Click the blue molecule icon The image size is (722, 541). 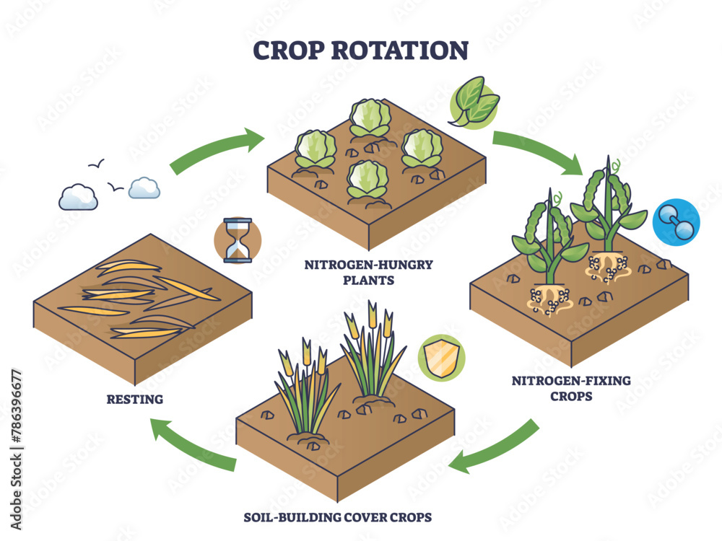676,224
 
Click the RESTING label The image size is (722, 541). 134,398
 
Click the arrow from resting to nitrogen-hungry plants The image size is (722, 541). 217,150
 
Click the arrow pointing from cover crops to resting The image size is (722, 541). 191,445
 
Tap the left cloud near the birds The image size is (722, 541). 79,196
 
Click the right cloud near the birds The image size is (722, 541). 144,188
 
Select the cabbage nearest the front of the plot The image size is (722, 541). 367,180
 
